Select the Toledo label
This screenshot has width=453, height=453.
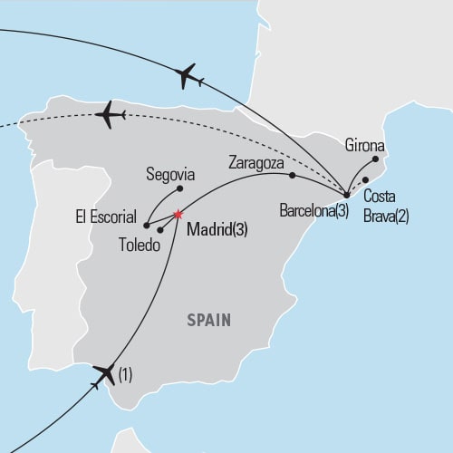[140, 244]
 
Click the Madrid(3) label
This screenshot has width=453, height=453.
[217, 230]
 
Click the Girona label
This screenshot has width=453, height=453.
[365, 144]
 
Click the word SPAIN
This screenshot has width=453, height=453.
[209, 319]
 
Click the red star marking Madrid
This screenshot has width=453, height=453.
[178, 215]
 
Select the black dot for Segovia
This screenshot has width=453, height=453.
[180, 188]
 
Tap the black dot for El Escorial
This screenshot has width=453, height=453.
[147, 224]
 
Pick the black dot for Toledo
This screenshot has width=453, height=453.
[160, 230]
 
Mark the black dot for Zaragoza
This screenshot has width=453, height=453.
[292, 174]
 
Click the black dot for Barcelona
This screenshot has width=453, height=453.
[347, 195]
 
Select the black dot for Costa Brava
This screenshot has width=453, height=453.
[366, 179]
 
